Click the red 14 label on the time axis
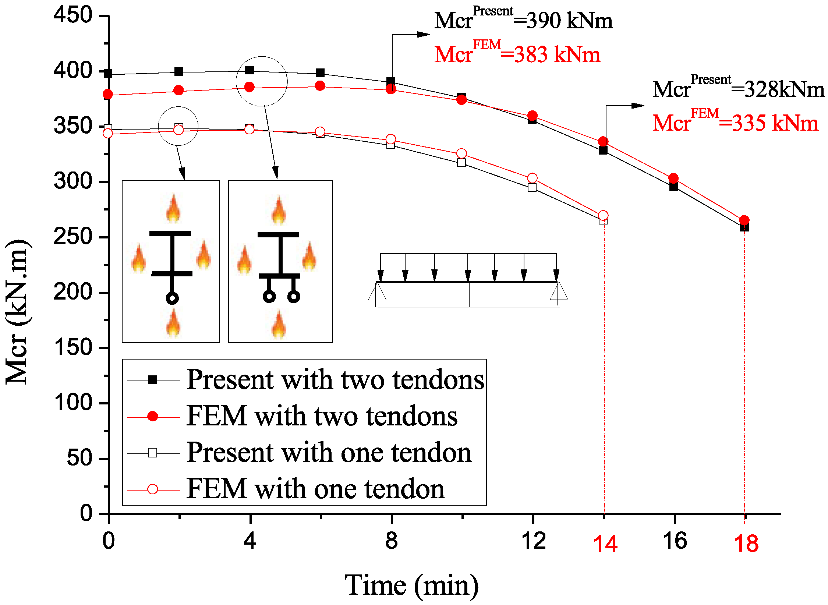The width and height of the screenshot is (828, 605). coord(605,544)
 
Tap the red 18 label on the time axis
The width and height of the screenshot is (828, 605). coord(746,544)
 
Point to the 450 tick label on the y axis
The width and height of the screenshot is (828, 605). coord(73,15)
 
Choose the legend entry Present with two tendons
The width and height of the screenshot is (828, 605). coord(335,379)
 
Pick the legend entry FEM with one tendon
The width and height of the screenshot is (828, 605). coord(315,489)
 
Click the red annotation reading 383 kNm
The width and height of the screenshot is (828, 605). coord(517,54)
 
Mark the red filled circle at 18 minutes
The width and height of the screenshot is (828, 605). coord(744,220)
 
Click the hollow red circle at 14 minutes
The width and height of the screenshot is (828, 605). coord(603,215)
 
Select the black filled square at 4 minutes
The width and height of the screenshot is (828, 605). coord(250,70)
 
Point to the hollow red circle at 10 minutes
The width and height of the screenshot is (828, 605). coord(461,153)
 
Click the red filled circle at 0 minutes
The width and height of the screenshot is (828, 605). coord(108,95)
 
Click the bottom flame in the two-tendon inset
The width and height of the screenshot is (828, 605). coord(279,324)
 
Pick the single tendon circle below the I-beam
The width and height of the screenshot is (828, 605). coord(172,298)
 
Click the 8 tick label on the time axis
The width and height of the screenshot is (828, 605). coord(391,541)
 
